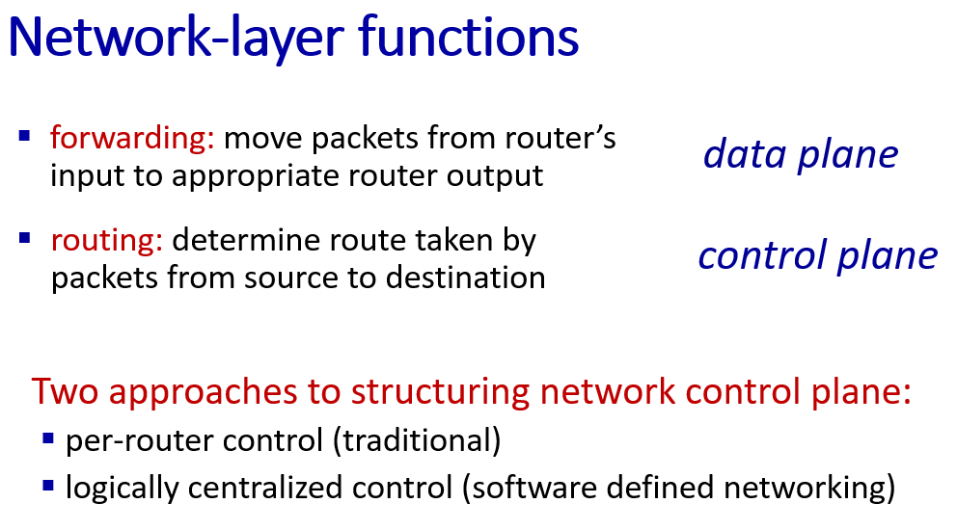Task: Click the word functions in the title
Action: click(469, 37)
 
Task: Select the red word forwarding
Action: click(132, 139)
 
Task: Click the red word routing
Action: click(107, 241)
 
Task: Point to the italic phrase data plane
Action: click(801, 155)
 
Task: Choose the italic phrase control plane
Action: click(818, 256)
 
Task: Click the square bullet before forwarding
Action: click(24, 136)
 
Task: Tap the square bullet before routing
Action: click(24, 237)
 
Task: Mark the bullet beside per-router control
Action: click(48, 437)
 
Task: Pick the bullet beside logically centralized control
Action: click(48, 486)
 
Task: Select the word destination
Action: click(466, 278)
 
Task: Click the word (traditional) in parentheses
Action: click(417, 440)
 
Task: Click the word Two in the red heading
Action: click(65, 391)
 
